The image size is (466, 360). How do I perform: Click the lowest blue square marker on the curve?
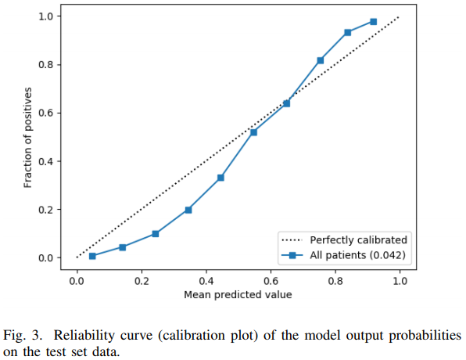92,256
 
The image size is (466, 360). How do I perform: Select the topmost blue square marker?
373,21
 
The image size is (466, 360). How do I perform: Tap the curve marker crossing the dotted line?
286,103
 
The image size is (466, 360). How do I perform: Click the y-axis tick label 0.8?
45,64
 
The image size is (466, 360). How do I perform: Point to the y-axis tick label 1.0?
45,16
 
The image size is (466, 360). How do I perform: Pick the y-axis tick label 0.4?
45,161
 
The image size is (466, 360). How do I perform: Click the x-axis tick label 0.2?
142,281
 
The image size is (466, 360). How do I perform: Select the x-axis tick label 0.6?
271,281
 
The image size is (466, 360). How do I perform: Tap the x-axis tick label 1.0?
400,281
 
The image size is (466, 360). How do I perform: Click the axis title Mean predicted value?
238,295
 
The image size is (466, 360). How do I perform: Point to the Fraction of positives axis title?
27,138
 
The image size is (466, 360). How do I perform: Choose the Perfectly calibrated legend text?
358,239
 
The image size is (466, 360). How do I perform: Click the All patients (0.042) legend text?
357,255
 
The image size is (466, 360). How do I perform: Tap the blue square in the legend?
292,255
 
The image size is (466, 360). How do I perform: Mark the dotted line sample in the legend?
292,239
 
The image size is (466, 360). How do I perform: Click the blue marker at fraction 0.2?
188,210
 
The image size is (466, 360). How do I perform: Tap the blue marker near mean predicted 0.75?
320,60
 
